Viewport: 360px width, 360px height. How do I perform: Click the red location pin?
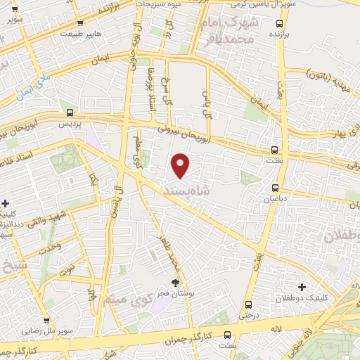181,165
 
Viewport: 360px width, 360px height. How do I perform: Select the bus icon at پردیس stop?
70,112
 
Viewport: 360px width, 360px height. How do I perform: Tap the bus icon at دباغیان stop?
275,188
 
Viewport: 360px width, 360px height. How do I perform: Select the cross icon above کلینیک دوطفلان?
302,287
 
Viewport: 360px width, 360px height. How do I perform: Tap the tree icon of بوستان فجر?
175,283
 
